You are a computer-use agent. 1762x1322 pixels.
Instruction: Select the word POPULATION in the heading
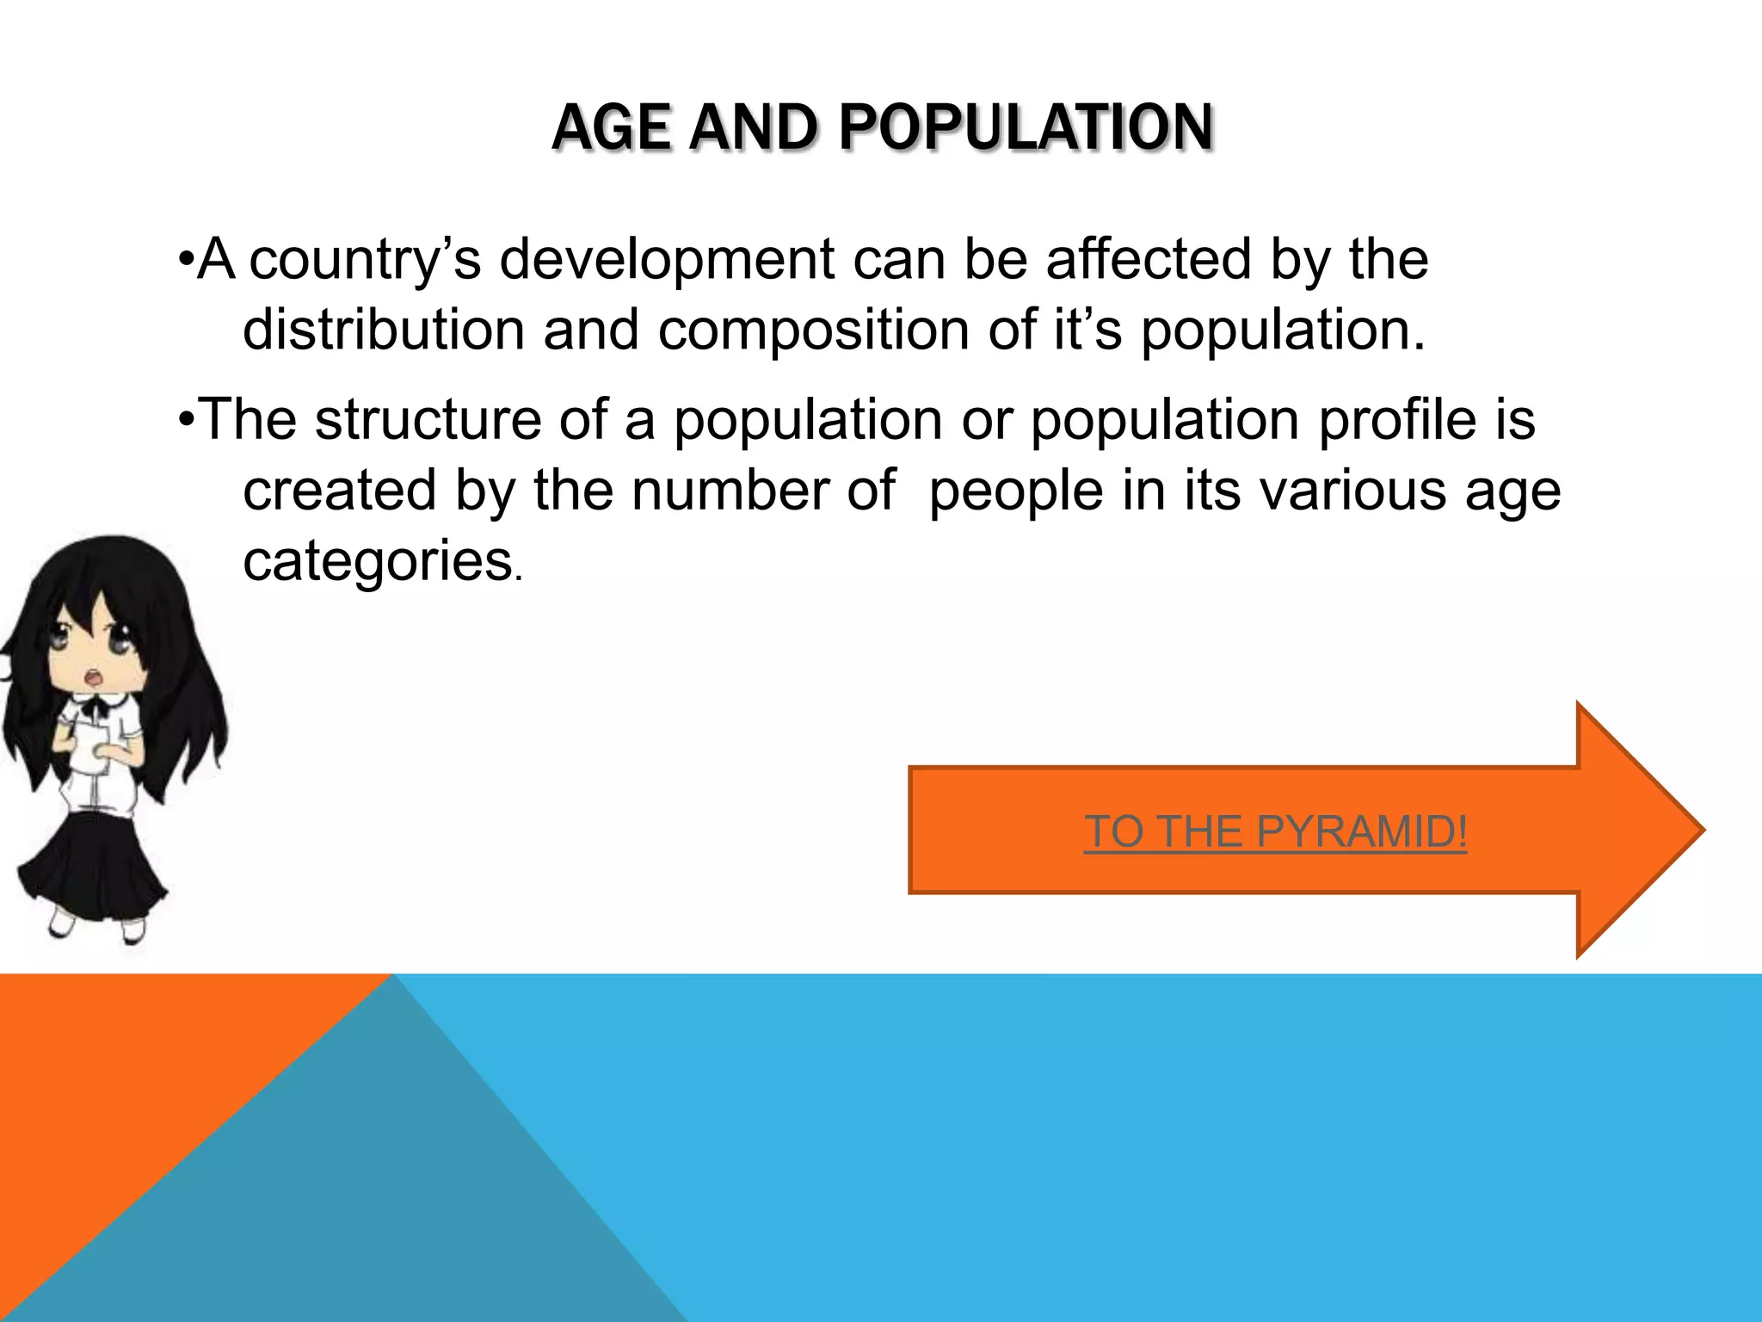click(1026, 128)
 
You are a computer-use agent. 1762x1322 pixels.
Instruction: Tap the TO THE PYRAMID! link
click(1275, 831)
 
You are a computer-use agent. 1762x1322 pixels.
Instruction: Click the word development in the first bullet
click(667, 260)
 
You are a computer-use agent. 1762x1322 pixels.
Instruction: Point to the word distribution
click(384, 330)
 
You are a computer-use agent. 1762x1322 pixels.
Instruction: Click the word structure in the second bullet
click(428, 420)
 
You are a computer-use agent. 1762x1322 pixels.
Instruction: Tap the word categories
click(379, 563)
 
